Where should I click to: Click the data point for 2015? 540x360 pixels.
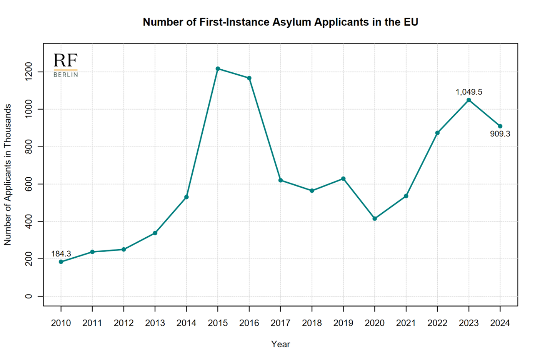(218, 69)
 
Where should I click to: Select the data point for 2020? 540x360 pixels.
(375, 218)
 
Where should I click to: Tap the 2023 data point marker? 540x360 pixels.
(468, 100)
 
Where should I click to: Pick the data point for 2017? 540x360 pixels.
(280, 180)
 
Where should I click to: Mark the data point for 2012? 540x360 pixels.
(123, 250)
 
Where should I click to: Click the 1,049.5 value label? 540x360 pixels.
(468, 92)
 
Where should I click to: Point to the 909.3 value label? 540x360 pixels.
(500, 134)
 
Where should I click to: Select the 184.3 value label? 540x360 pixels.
(61, 254)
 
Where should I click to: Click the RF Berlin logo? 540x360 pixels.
(66, 65)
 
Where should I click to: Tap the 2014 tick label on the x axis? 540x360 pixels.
(186, 323)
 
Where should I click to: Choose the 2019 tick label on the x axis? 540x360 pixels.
(343, 323)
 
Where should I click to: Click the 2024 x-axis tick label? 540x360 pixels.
(500, 323)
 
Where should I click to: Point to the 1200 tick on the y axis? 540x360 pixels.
(28, 72)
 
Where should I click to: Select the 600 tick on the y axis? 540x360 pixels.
(28, 184)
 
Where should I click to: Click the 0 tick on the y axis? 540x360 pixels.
(28, 296)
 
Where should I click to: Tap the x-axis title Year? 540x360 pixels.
(280, 344)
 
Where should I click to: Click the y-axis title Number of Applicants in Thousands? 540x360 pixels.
(8, 175)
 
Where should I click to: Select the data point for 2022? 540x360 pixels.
(437, 133)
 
